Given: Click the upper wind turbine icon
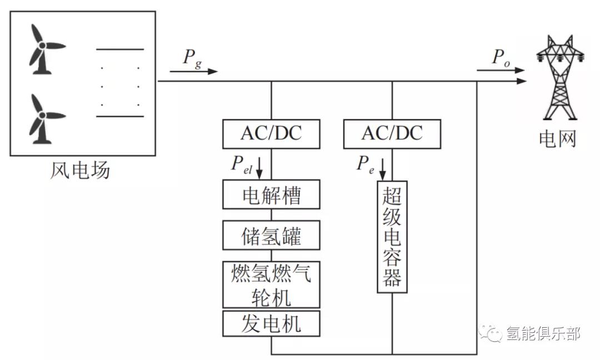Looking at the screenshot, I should point(43,49).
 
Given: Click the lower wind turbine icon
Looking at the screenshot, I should point(43,118).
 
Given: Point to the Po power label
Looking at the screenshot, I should point(501,58).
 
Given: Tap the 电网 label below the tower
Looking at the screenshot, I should point(557,139).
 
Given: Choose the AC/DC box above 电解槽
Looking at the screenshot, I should point(271,134).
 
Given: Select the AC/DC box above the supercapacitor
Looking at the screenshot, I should point(392,134).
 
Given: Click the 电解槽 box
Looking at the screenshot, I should point(271,194).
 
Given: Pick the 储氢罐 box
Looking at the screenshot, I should point(271,235).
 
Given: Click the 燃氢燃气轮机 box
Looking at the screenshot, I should point(271,284).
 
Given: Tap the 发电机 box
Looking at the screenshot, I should point(271,323).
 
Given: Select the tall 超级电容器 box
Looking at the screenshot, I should point(392,237).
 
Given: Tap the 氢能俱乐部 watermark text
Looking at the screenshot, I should point(543,334).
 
